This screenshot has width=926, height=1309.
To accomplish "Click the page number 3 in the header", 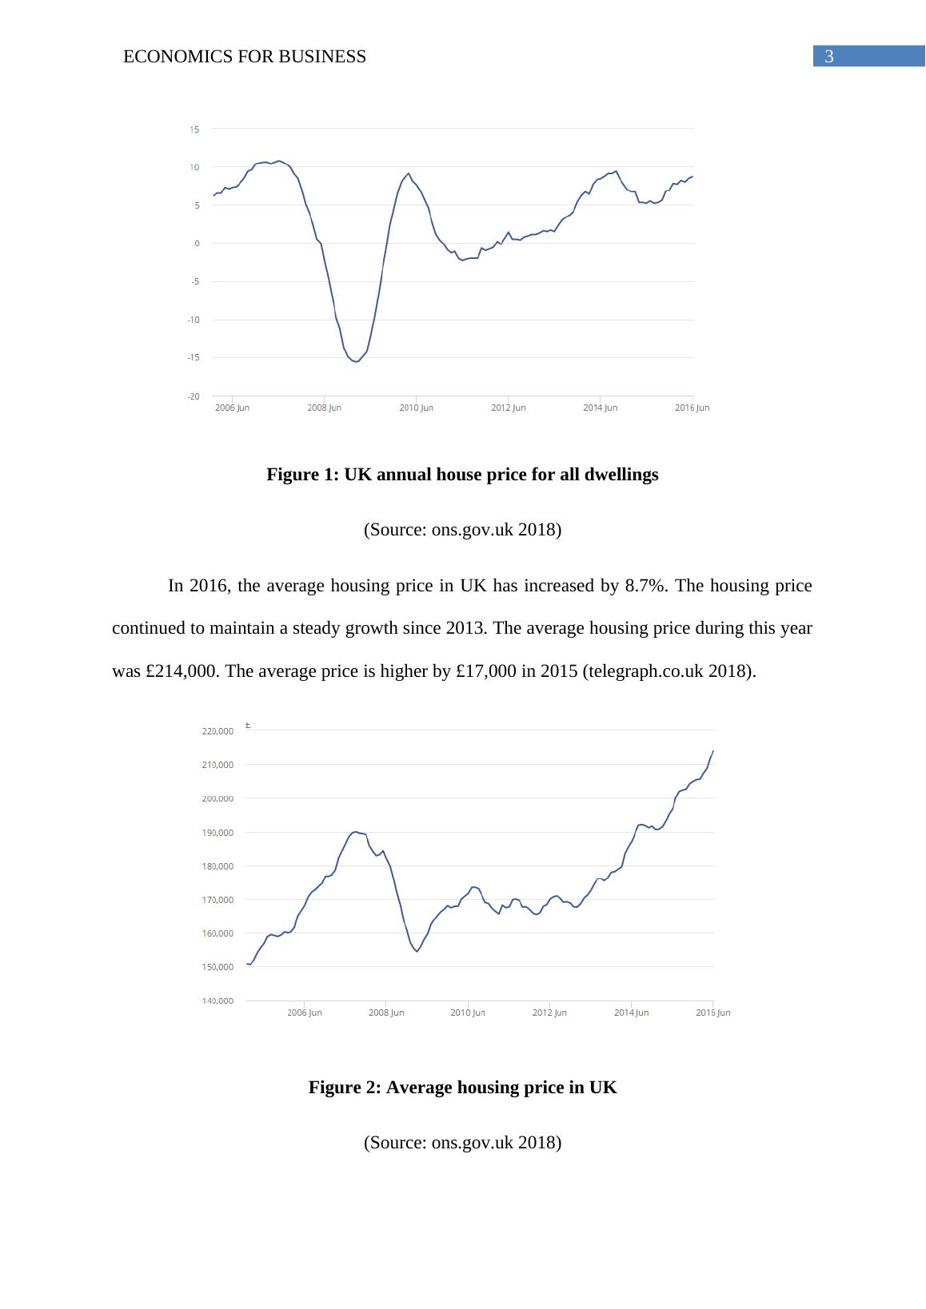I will point(829,57).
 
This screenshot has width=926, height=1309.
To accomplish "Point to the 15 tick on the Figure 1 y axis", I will point(194,129).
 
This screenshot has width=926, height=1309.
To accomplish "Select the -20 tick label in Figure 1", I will point(194,396).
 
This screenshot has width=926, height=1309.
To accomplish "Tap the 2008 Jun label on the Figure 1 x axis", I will point(324,408).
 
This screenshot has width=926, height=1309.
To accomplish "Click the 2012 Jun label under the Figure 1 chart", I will point(509,408).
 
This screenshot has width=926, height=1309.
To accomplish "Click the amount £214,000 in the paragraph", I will point(181,671).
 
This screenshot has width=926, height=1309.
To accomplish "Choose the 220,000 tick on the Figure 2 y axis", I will point(218,731).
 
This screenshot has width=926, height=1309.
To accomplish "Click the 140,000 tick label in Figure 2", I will point(218,1001).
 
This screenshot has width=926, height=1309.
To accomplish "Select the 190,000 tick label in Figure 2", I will point(218,833).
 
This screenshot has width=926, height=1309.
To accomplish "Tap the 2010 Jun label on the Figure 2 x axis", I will point(468,1013).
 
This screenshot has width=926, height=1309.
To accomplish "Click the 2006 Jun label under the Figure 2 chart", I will point(305,1013).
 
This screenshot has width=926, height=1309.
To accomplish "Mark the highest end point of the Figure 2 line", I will point(712,751).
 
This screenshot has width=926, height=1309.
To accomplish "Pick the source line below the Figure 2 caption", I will point(462,1143).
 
